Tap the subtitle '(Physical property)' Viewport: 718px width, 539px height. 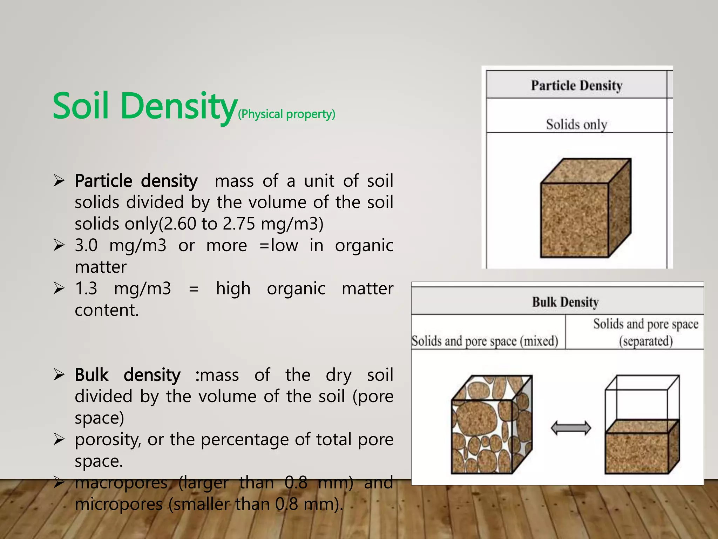tap(286, 114)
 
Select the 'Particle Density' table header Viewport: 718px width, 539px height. tap(576, 85)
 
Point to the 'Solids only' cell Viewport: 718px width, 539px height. tap(576, 125)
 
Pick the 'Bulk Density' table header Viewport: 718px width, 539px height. tap(565, 302)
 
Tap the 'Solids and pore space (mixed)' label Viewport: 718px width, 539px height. tap(485, 341)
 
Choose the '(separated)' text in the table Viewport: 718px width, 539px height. tap(646, 341)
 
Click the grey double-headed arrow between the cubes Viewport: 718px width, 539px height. tap(571, 428)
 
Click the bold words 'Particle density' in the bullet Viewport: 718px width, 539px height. tap(136, 181)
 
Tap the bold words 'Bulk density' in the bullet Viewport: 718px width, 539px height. tap(128, 375)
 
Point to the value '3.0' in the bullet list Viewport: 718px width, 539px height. tap(86, 245)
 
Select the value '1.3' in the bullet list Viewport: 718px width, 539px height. tap(86, 288)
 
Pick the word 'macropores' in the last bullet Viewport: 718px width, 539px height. tap(121, 483)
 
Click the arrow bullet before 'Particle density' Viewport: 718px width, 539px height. tap(59, 181)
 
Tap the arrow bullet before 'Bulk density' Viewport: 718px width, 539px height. tap(59, 375)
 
